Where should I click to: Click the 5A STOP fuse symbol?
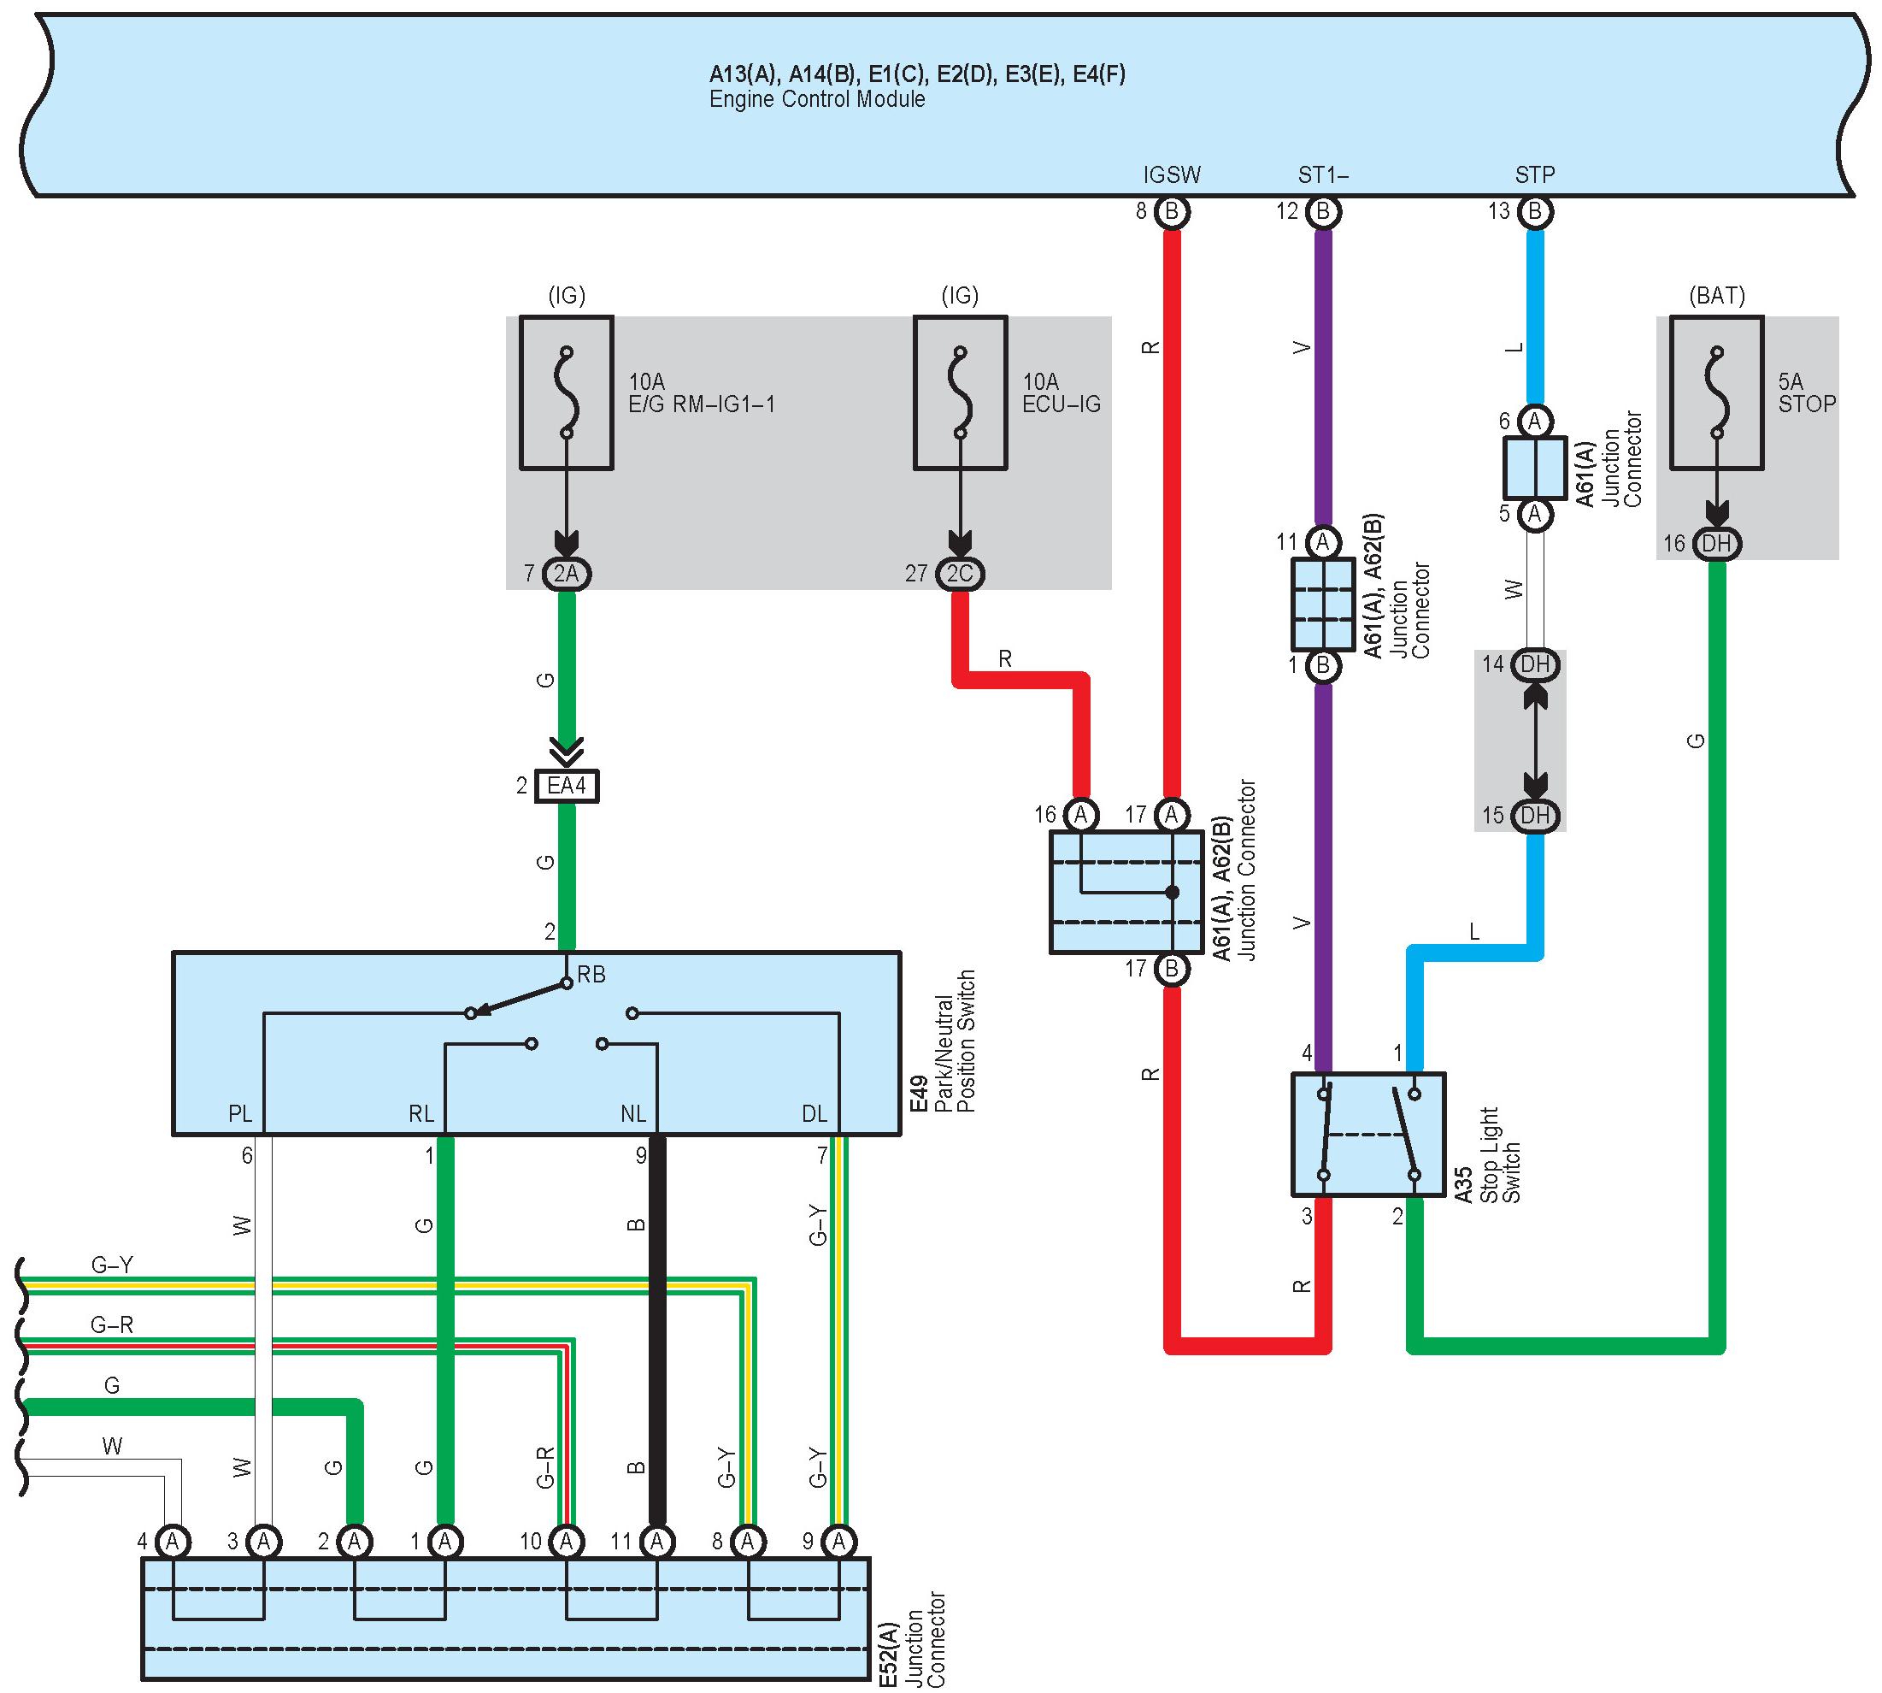[1715, 392]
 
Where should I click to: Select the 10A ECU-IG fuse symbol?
[960, 392]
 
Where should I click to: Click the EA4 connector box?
[567, 786]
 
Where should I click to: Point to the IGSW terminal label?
[1172, 175]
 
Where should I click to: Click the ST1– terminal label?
[1322, 175]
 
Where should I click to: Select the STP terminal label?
[1534, 175]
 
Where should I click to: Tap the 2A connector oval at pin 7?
[567, 574]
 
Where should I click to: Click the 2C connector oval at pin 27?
[960, 574]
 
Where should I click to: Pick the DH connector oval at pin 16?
[1716, 543]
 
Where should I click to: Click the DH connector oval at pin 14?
[1534, 664]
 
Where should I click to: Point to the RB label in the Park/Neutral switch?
[591, 975]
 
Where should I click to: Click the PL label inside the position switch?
[240, 1113]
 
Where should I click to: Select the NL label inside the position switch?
[633, 1113]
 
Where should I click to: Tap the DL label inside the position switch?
[815, 1113]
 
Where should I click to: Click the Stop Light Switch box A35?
[1367, 1134]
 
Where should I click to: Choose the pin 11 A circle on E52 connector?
[657, 1542]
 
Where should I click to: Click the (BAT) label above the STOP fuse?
[1716, 296]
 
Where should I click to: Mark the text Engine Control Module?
[817, 99]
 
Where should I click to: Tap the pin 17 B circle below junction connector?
[1172, 970]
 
